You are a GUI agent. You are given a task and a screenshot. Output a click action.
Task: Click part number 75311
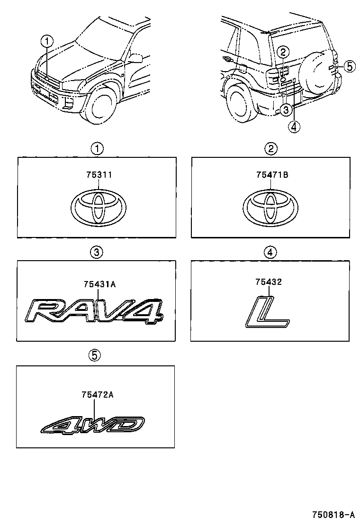coord(99,175)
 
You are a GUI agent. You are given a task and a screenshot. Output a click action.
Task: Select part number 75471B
coord(271,175)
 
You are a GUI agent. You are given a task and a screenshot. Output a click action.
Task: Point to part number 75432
coord(269,282)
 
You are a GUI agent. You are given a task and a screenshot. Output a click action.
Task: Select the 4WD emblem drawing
coord(93,425)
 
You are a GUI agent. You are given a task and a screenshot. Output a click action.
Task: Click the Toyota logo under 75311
coord(98,207)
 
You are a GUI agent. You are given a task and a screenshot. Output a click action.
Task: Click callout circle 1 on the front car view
coord(46,41)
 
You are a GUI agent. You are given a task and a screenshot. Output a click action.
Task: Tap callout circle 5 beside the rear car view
coord(349,66)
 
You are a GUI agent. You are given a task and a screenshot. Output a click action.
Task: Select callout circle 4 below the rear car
coord(294,127)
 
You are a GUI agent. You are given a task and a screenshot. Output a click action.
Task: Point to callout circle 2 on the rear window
coord(282,52)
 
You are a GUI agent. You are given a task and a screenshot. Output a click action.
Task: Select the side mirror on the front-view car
coord(135,58)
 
